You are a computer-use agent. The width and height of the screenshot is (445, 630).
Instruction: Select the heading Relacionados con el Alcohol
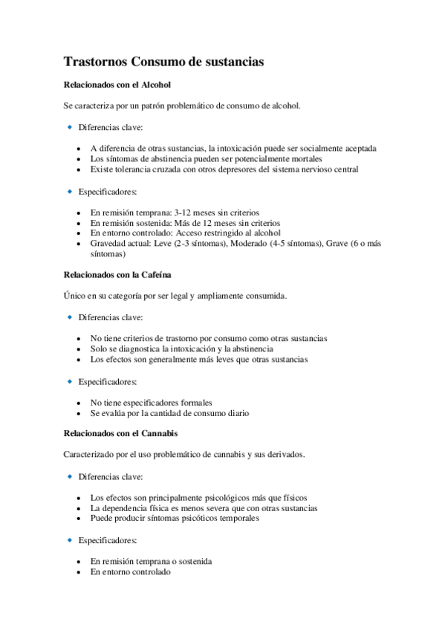point(117,85)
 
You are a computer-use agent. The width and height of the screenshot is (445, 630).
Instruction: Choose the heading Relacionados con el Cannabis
point(120,433)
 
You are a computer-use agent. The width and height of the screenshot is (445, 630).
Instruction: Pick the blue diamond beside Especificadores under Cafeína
point(70,382)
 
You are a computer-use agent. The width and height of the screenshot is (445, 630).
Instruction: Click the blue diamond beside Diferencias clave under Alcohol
point(70,127)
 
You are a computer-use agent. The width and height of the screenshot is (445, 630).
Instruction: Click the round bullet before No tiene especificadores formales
point(79,403)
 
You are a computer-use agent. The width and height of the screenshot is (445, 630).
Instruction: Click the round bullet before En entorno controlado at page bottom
point(79,572)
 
